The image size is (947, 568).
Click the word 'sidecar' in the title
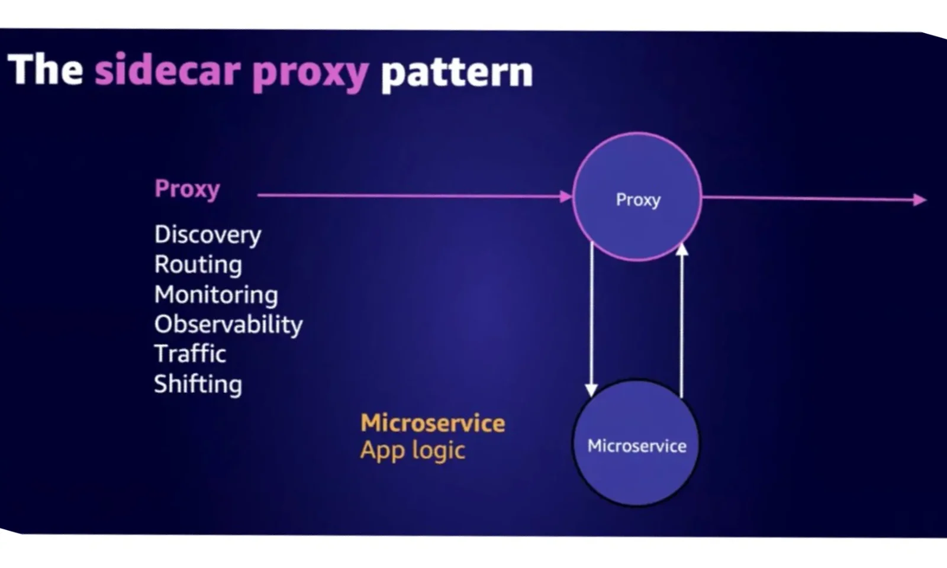tap(168, 71)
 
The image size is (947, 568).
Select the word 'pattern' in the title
tap(456, 72)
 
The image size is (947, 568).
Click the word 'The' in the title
tap(45, 70)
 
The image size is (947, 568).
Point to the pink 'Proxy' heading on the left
tap(187, 189)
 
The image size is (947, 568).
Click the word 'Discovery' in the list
tap(207, 235)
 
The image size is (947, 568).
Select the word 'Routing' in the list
tap(198, 264)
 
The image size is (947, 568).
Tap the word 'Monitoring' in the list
tap(216, 295)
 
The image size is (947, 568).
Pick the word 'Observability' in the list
tap(228, 324)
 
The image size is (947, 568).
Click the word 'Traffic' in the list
tap(190, 354)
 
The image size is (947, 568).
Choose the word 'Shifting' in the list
tap(198, 384)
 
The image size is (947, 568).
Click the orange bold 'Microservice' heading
tap(433, 423)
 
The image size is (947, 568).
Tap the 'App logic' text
tap(413, 450)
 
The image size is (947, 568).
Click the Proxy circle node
tap(637, 196)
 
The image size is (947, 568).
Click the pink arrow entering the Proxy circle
tap(414, 195)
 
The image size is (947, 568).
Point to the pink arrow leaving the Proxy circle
tap(811, 199)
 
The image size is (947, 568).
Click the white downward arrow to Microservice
tap(591, 319)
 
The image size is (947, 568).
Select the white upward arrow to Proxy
tap(682, 319)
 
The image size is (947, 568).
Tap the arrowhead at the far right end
tap(919, 200)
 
